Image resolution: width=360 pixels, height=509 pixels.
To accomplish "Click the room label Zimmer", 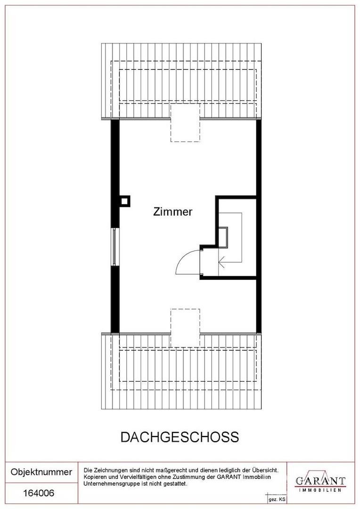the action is [x=172, y=212].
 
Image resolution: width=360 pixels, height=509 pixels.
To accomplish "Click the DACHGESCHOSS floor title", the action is [x=180, y=437].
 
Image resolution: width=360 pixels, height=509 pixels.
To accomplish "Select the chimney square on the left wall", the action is [x=125, y=201].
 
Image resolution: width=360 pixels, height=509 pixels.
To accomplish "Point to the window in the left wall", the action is [x=115, y=246].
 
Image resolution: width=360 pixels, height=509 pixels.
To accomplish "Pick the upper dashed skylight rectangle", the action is [x=185, y=123].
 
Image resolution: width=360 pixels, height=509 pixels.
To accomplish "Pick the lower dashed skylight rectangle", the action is [x=185, y=328].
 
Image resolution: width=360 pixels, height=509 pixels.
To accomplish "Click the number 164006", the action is [x=39, y=493].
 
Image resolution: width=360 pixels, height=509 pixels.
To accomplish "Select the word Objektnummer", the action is [x=41, y=472].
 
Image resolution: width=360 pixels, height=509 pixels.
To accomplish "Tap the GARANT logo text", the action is [x=320, y=480].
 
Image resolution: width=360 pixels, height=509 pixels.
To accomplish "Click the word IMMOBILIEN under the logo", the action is [x=320, y=490].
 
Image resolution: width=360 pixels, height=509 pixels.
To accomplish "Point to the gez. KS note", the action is [x=276, y=500].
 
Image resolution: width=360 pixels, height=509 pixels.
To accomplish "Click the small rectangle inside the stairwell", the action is [x=223, y=237].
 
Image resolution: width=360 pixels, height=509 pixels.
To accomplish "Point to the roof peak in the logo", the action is [x=320, y=471].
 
